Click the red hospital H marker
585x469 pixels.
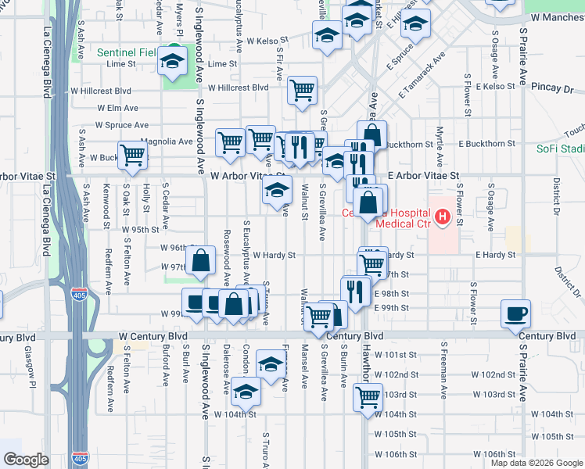coord(443,216)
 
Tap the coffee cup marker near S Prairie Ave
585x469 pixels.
coord(515,313)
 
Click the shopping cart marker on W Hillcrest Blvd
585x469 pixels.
coord(302,90)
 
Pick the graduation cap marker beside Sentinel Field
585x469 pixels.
coord(172,61)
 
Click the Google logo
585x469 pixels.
coord(27,460)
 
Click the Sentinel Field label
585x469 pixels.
coord(126,53)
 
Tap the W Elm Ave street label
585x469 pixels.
coord(117,107)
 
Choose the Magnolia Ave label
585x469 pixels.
coord(167,141)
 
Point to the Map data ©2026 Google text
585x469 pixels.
coord(537,463)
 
